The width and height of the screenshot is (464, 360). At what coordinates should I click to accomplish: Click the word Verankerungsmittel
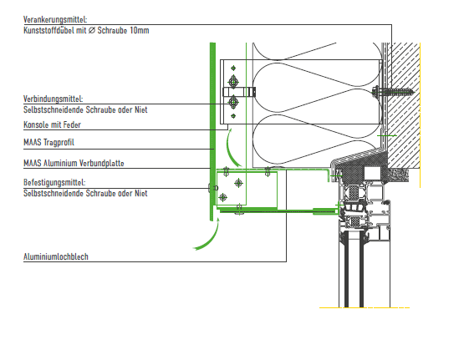55,20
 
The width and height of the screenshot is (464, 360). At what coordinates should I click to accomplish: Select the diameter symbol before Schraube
92,30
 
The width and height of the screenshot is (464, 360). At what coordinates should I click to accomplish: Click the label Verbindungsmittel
53,99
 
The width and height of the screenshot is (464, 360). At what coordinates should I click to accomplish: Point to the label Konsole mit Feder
52,124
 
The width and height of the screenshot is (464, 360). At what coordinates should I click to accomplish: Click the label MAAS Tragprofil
48,143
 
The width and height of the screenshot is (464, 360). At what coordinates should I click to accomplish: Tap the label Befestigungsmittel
54,182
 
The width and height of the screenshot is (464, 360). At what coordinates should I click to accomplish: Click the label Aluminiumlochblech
56,256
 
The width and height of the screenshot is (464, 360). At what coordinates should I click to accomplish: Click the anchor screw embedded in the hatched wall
393,92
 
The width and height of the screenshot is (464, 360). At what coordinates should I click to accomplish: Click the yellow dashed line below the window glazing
365,307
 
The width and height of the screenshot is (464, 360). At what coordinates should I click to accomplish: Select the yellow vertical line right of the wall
421,115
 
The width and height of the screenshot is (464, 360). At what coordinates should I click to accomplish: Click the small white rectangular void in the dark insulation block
373,173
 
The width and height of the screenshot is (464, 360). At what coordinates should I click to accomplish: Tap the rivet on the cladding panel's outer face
212,188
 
